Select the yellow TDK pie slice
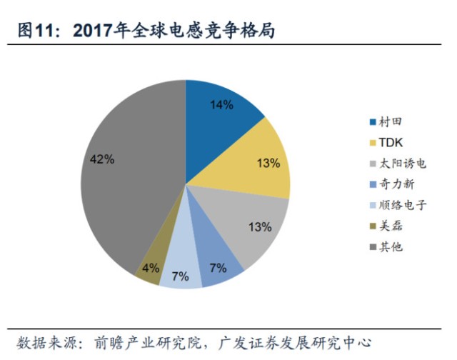point(257,161)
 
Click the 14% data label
point(222,105)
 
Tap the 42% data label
point(103,159)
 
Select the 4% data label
point(150,269)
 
